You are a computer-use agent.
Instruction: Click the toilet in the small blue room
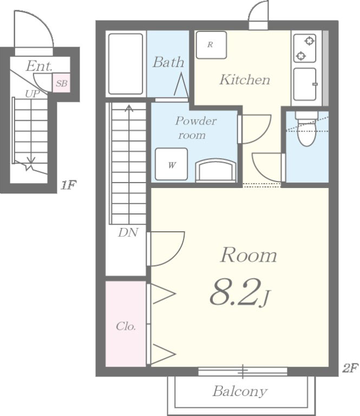point(307,128)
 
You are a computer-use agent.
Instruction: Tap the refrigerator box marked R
point(211,45)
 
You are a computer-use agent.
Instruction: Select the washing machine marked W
point(171,164)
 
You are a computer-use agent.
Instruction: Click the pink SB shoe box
point(62,83)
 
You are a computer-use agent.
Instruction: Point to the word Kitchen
point(244,80)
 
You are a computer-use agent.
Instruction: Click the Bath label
point(168,62)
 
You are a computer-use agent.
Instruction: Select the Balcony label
point(240,391)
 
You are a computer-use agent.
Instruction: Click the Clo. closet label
point(126,326)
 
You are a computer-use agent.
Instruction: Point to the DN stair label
point(128,233)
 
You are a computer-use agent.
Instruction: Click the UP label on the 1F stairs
point(32,94)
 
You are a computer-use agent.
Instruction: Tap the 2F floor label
point(350,368)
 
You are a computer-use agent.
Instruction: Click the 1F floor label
point(68,185)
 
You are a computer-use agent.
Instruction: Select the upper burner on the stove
point(309,41)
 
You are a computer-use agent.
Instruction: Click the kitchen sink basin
point(305,84)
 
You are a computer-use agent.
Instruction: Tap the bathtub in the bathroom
point(126,64)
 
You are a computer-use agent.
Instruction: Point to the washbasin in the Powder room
point(215,170)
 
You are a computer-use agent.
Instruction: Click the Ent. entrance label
point(39,66)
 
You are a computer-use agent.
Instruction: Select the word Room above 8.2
point(248,255)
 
